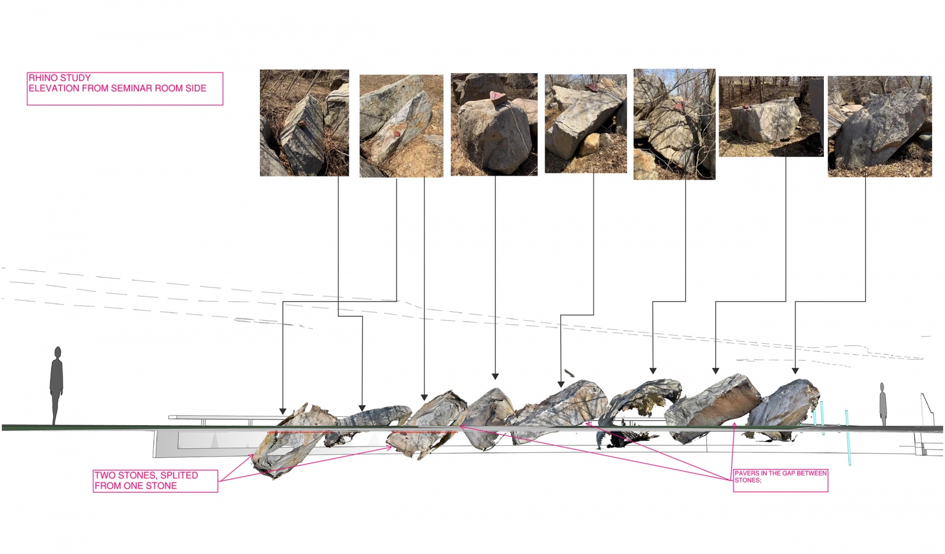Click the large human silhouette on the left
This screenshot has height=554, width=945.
coord(56,385)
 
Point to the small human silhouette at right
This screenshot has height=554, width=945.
coord(882,404)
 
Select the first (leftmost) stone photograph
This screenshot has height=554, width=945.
coord(304,123)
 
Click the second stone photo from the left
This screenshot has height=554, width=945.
coord(401,126)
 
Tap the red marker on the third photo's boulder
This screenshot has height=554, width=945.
coord(498,97)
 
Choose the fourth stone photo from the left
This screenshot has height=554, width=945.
coord(585,123)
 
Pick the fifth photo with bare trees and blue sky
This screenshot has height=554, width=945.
coord(674,124)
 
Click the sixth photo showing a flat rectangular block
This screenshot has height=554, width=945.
coord(771,116)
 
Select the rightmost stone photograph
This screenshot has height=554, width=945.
coord(879,126)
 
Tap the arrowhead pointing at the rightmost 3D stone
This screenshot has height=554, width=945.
coord(795,371)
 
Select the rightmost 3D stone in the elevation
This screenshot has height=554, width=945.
coord(783,409)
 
